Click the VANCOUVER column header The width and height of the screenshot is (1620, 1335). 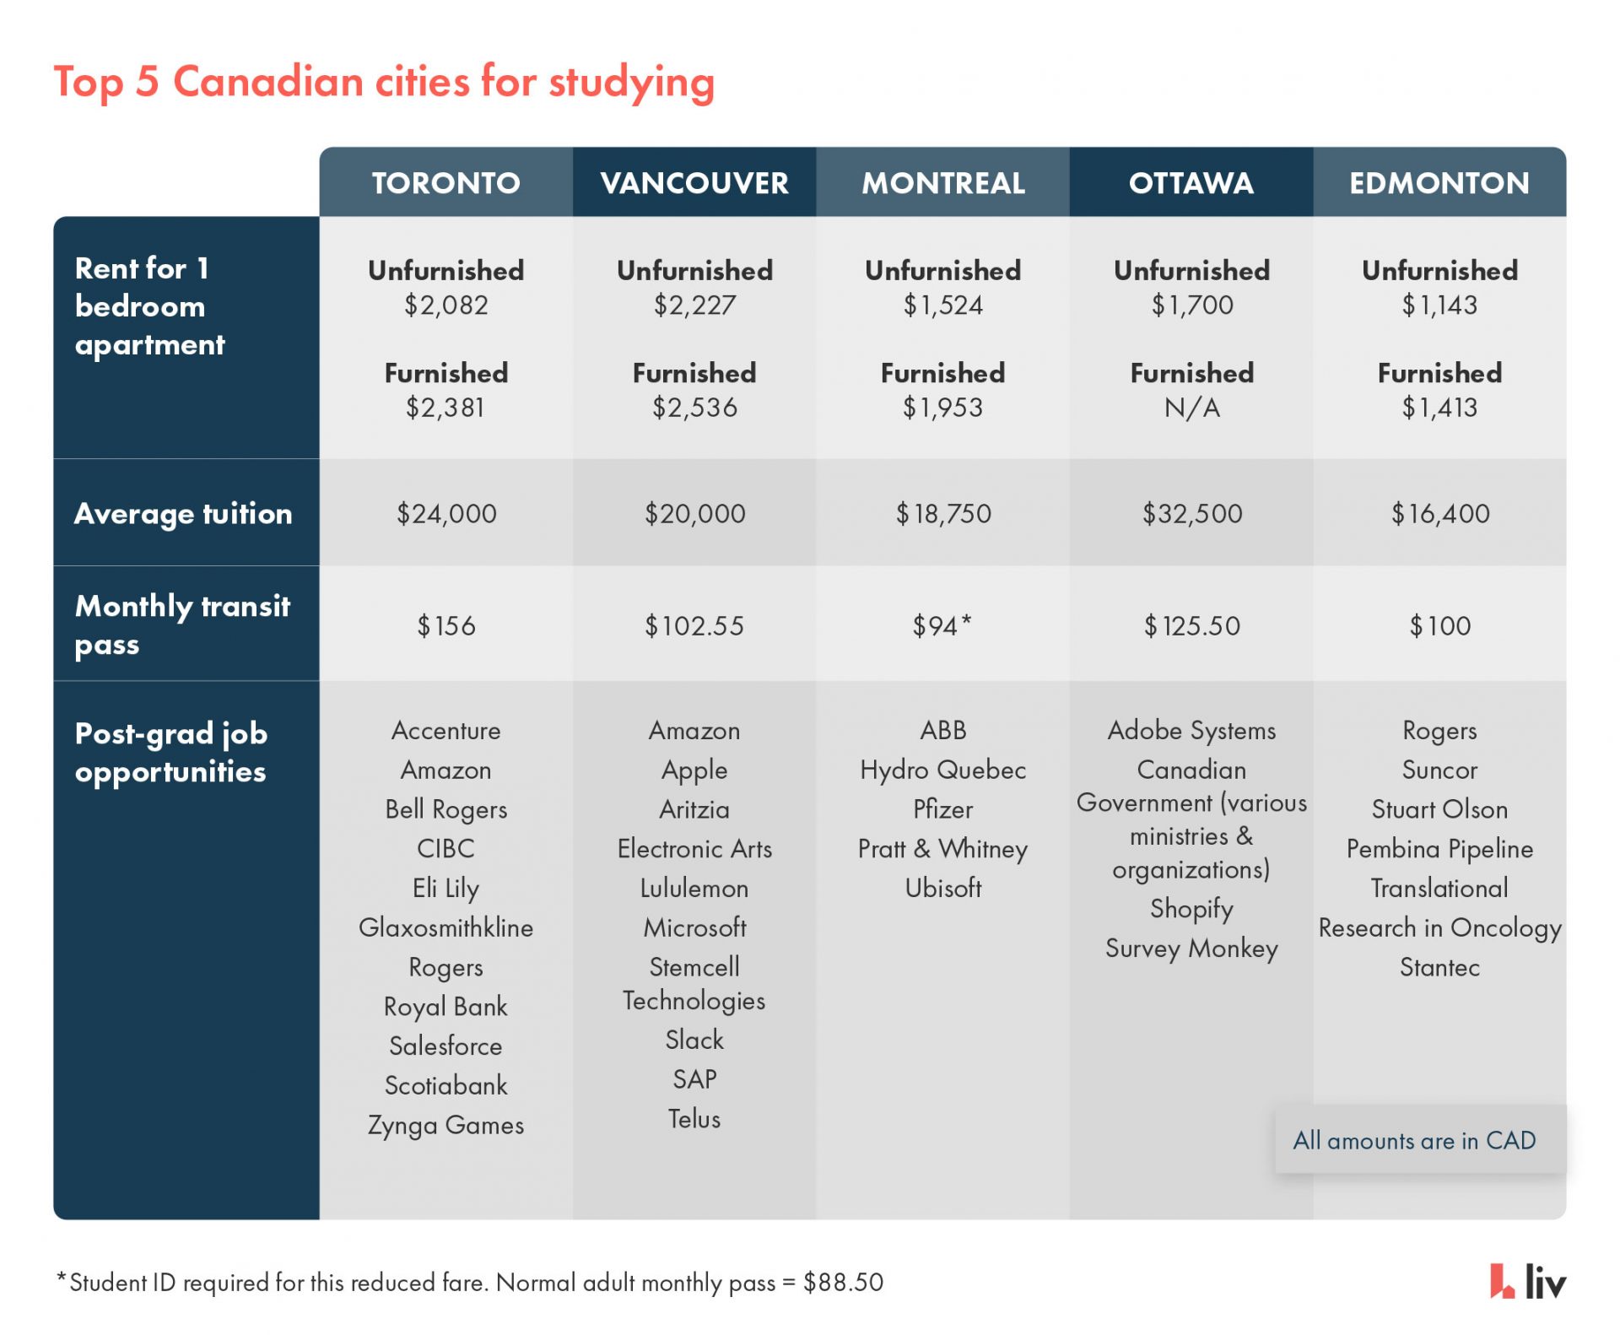(694, 183)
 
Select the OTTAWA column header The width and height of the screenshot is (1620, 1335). (1191, 183)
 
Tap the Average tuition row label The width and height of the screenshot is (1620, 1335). (183, 513)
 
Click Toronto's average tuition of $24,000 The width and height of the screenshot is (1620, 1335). (446, 513)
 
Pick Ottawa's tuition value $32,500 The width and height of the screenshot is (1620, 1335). (1191, 513)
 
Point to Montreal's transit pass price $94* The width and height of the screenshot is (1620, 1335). (942, 625)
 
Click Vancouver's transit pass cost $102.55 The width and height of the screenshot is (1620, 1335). (694, 625)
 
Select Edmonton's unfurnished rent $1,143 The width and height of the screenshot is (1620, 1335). (1439, 305)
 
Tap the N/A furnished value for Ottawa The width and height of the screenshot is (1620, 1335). (1191, 408)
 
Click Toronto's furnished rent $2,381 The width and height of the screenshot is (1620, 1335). (445, 408)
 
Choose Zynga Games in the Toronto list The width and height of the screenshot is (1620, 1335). (445, 1125)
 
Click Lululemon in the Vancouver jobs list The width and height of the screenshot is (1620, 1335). (694, 888)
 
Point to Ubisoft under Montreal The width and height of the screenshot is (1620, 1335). (942, 888)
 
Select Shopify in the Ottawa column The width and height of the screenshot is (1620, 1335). (1191, 908)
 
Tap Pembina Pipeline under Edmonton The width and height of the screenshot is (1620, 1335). (1439, 848)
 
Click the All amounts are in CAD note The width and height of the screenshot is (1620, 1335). (1414, 1140)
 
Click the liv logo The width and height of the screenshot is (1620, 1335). (1527, 1281)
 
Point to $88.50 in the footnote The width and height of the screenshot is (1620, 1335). (843, 1282)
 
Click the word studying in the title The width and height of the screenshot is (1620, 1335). (631, 83)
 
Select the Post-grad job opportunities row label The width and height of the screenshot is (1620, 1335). (171, 752)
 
